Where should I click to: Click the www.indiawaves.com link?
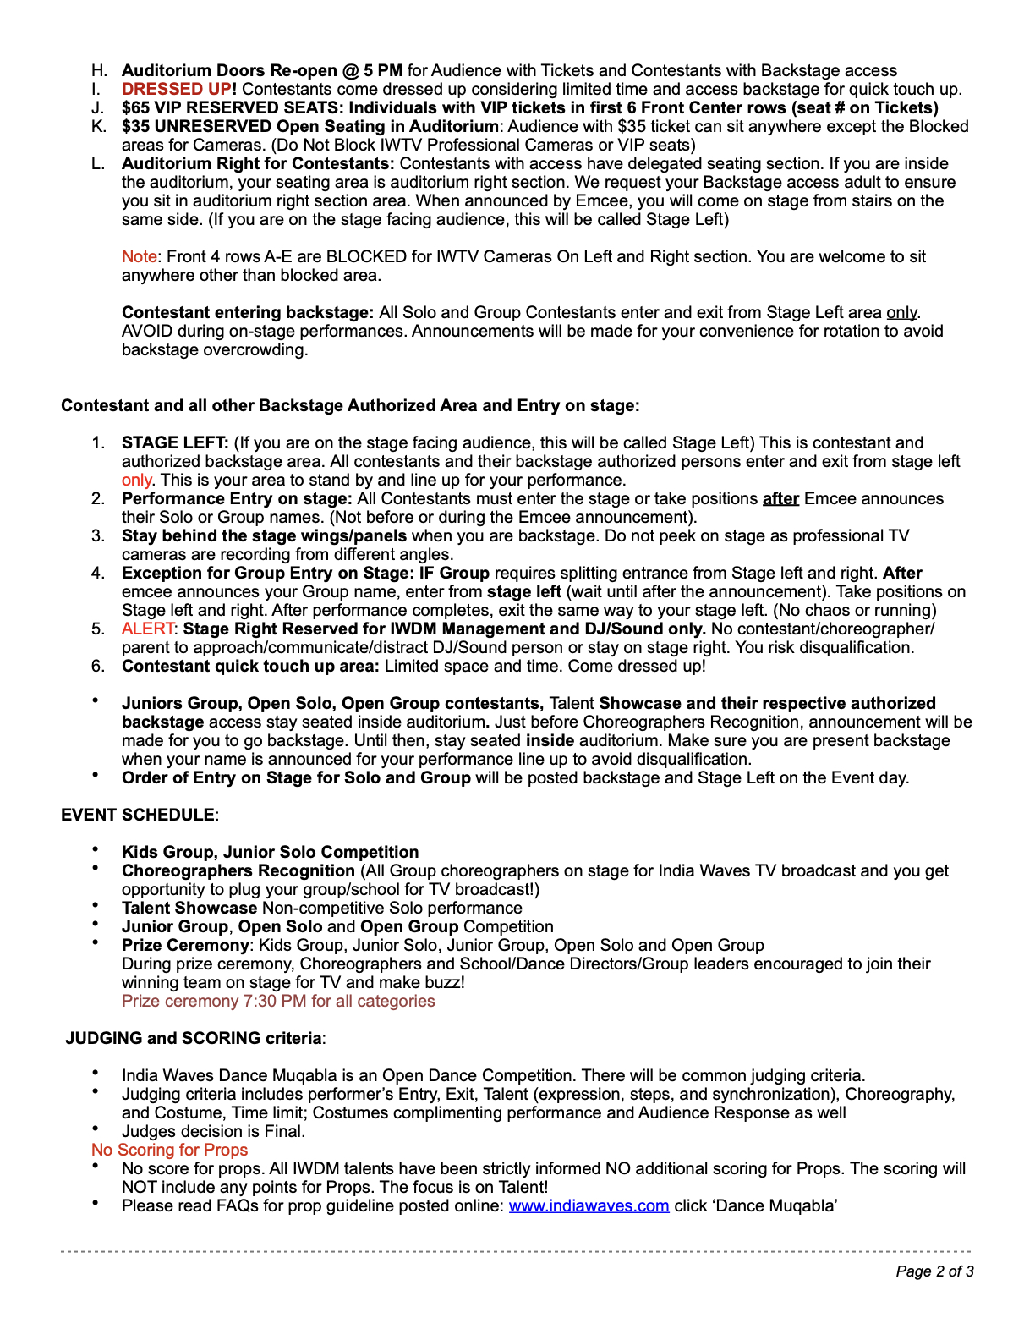coord(589,1205)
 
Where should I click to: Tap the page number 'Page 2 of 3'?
coord(934,1271)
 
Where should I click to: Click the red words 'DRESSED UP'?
coord(176,89)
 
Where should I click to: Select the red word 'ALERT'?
coord(148,629)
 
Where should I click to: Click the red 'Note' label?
coord(140,256)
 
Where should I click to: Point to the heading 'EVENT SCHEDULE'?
coord(138,815)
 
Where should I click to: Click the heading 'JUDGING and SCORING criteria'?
coord(194,1038)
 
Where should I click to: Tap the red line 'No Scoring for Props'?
coord(169,1150)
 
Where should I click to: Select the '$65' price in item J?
coord(137,107)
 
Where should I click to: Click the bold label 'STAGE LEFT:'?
coord(175,442)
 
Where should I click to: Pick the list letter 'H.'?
coord(100,70)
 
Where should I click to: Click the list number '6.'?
coord(99,666)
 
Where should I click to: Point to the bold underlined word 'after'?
coord(780,498)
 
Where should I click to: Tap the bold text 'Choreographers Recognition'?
coord(238,870)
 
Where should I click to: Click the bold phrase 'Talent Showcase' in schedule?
coord(189,908)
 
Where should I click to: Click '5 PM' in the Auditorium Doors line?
coord(383,70)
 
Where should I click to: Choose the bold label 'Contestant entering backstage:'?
coord(248,312)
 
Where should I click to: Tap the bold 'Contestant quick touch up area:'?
coord(250,666)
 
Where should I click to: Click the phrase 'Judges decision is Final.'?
coord(213,1131)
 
